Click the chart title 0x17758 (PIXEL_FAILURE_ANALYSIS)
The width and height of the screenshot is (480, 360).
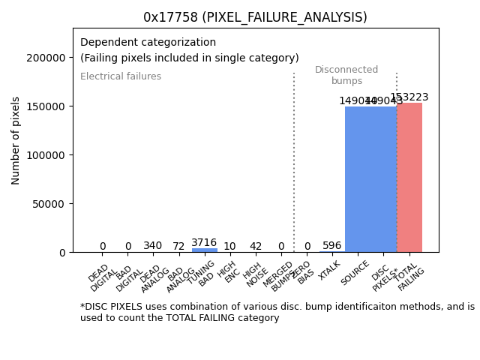[x=255, y=17]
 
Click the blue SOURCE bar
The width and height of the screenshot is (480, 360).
[x=358, y=179]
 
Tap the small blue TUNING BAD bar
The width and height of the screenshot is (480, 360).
[x=204, y=250]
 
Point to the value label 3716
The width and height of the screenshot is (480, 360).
[x=204, y=242]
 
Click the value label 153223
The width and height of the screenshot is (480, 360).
[x=409, y=97]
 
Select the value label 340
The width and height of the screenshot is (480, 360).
[x=153, y=245]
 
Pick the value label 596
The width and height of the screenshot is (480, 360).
[x=332, y=245]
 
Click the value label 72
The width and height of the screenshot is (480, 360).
[x=178, y=246]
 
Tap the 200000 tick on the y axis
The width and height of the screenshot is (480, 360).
[x=46, y=58]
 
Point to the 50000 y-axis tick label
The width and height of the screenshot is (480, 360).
[x=49, y=204]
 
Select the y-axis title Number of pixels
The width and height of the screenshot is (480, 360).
[x=16, y=140]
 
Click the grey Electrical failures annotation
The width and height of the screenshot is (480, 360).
[x=121, y=76]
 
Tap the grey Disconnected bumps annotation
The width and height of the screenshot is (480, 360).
[x=346, y=75]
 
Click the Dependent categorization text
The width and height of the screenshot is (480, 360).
[x=148, y=43]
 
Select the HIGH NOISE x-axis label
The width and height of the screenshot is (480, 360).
[x=253, y=276]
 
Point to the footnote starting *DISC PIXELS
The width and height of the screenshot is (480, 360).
[x=277, y=312]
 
